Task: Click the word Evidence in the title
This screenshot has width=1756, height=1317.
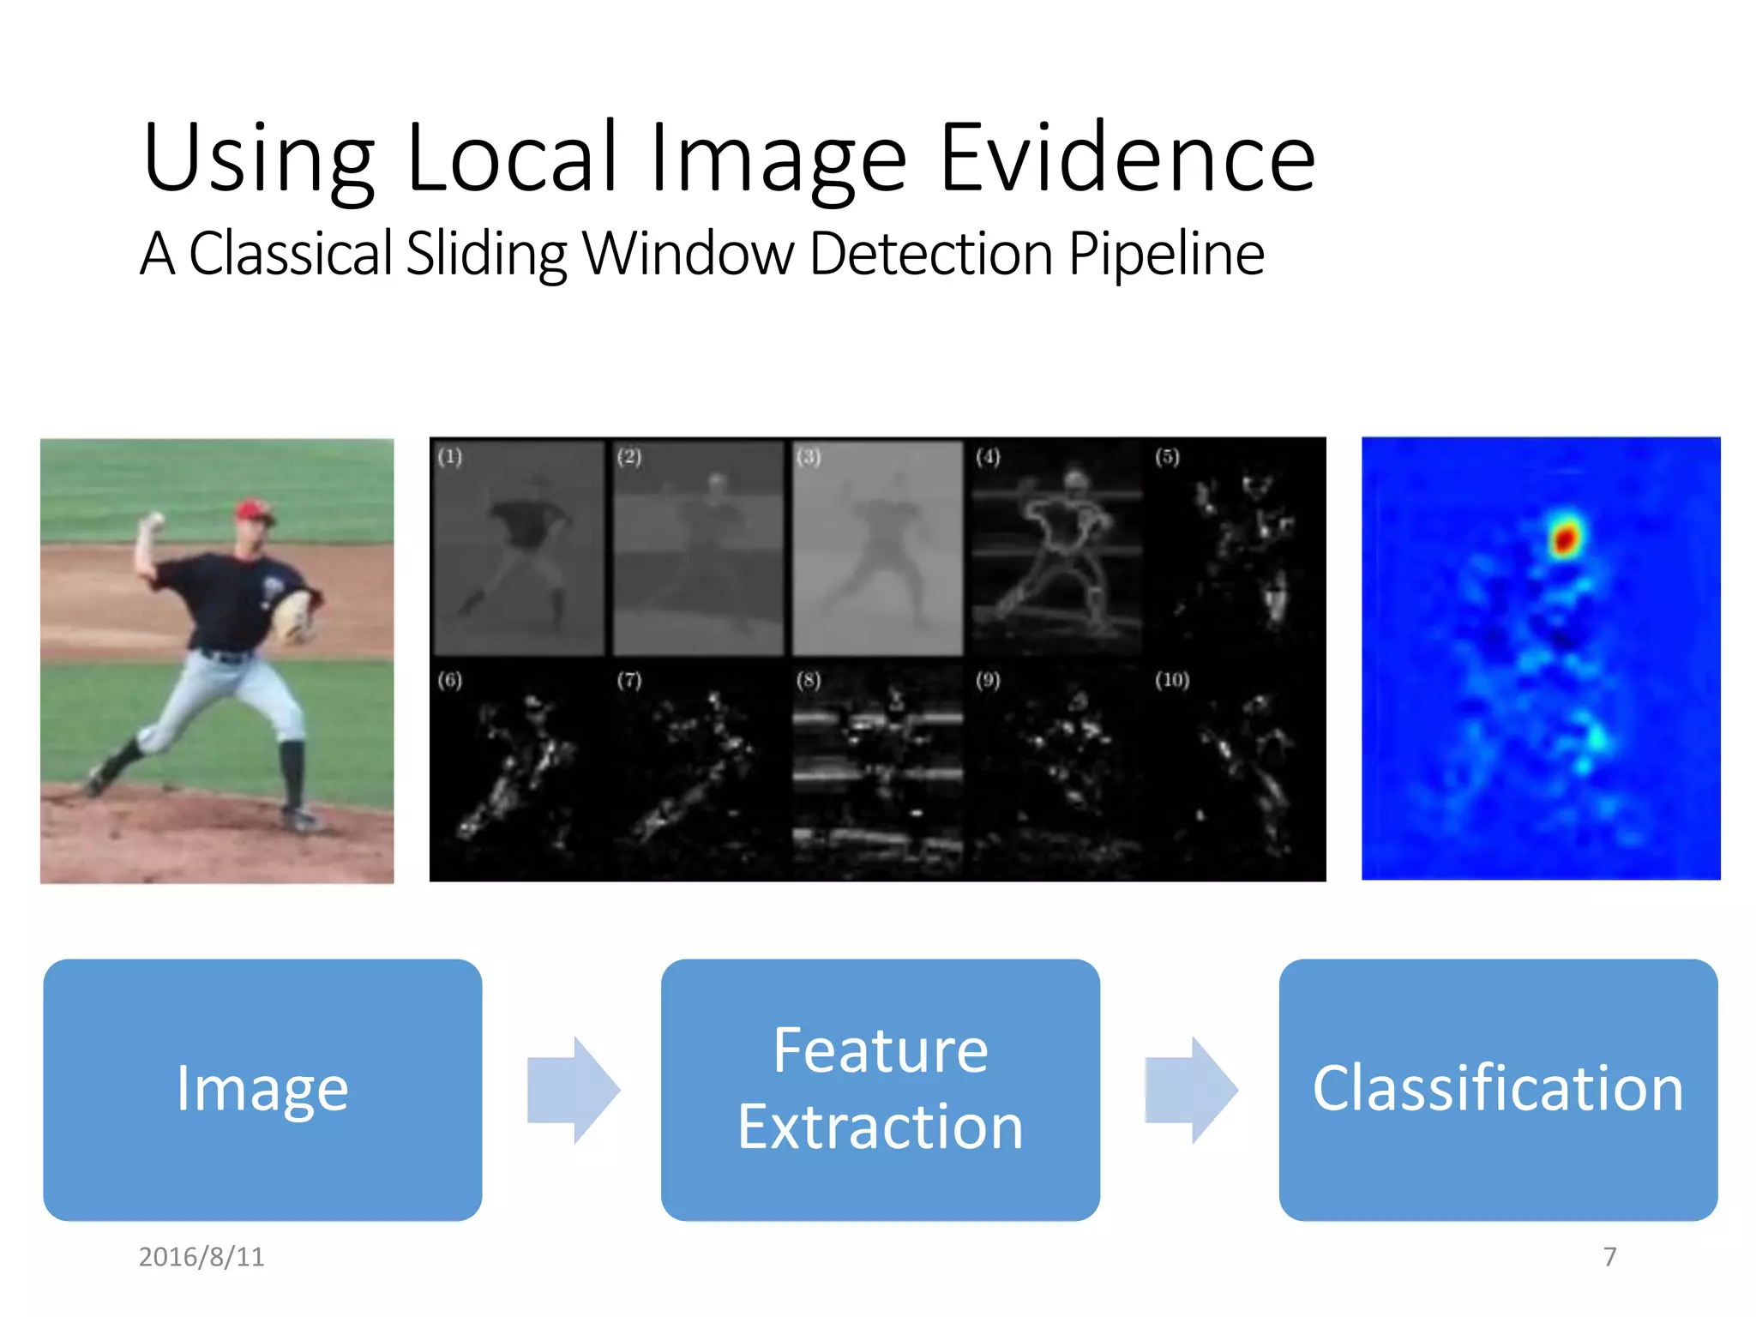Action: (1127, 159)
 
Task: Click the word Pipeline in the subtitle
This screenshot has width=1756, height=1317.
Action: (1165, 254)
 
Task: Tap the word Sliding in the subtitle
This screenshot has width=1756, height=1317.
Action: (485, 254)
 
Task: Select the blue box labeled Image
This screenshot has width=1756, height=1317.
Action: (262, 1089)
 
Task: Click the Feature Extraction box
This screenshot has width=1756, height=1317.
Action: (880, 1089)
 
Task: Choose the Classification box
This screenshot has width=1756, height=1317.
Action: (1497, 1089)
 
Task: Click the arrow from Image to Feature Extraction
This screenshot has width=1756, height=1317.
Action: (573, 1090)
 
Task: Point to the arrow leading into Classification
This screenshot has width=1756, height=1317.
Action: (1191, 1090)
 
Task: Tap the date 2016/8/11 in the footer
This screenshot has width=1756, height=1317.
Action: (201, 1257)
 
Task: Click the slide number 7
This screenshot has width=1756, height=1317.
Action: (1609, 1257)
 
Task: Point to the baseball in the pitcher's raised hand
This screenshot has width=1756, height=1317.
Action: (157, 519)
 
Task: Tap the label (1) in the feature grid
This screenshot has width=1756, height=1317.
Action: (449, 456)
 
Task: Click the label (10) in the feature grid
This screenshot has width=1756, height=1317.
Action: (1171, 680)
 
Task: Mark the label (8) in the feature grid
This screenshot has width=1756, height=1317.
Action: (808, 680)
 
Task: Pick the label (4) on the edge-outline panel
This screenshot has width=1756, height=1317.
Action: (987, 456)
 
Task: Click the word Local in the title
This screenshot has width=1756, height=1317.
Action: (512, 159)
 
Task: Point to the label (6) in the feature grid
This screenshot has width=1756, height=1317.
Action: (449, 680)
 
